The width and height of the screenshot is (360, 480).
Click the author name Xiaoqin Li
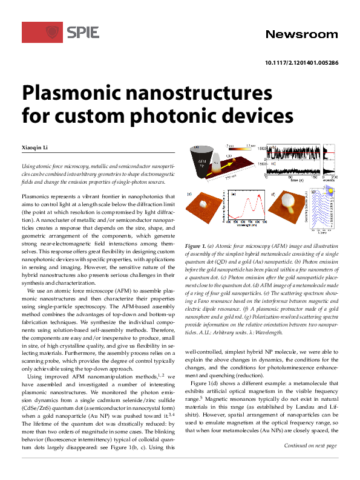click(37, 146)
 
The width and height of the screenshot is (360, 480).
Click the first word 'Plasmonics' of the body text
click(36, 196)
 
